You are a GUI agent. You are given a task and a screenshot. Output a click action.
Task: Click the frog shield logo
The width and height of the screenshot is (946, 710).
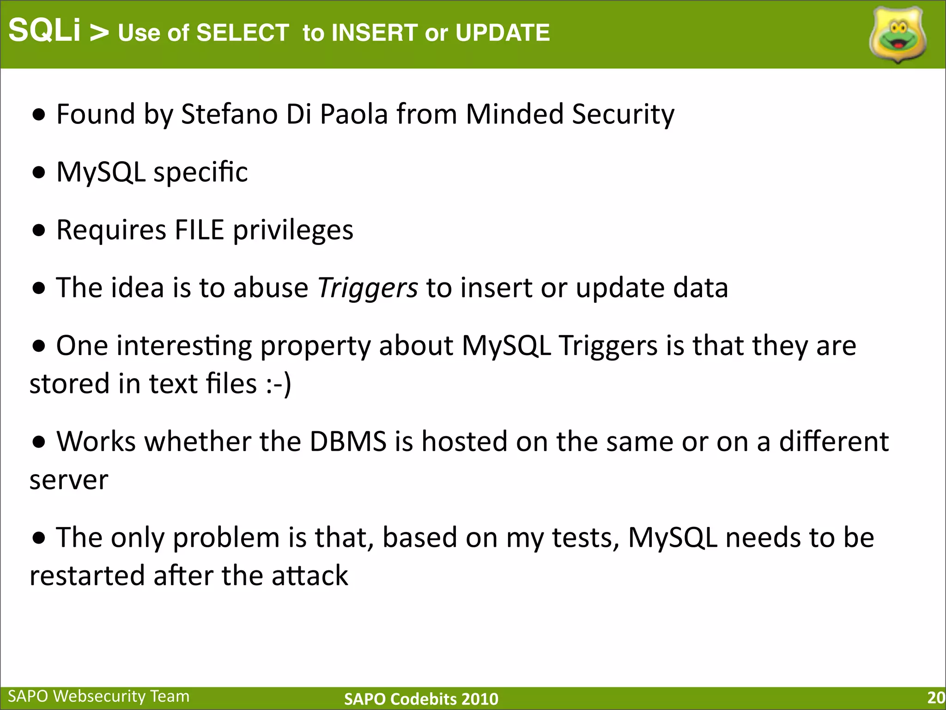897,35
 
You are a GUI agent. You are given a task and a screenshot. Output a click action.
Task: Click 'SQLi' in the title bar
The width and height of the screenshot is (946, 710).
44,31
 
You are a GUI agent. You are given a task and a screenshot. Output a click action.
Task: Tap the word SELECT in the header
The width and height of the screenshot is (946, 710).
243,33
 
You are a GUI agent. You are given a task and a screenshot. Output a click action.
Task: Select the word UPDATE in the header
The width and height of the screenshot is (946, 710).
503,33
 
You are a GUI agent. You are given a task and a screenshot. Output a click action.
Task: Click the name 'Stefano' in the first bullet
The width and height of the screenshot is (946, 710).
229,114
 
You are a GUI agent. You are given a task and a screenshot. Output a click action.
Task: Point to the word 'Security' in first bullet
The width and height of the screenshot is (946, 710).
623,114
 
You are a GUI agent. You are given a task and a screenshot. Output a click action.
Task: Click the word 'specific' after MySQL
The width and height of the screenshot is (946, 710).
200,172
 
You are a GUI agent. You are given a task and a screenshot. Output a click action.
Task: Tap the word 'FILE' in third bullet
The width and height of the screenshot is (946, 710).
199,230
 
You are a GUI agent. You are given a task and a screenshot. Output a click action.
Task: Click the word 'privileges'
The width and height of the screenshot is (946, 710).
293,231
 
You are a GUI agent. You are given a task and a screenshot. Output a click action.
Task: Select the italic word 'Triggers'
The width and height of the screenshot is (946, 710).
367,288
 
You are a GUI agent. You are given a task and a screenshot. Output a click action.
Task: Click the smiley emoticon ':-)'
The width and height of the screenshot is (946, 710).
279,384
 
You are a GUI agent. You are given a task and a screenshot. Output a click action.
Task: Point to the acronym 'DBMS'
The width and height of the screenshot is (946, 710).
347,441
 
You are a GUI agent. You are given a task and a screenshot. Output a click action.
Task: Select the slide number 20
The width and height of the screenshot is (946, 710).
936,698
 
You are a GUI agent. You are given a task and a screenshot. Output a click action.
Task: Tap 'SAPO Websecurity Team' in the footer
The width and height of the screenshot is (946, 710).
99,696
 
